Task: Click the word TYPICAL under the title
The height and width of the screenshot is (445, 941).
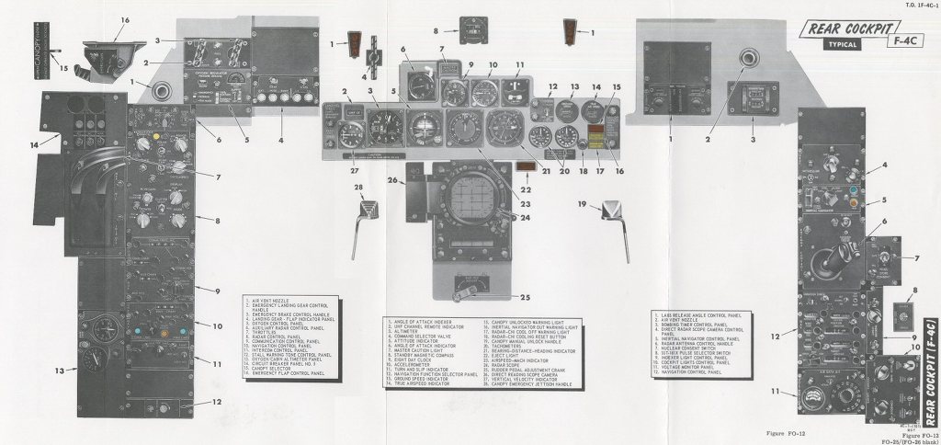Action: click(833, 44)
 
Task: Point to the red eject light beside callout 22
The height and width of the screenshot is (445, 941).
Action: click(527, 166)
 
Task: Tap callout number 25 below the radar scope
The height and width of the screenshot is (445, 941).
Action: click(524, 296)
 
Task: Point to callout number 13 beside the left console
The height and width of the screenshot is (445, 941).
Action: click(61, 371)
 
